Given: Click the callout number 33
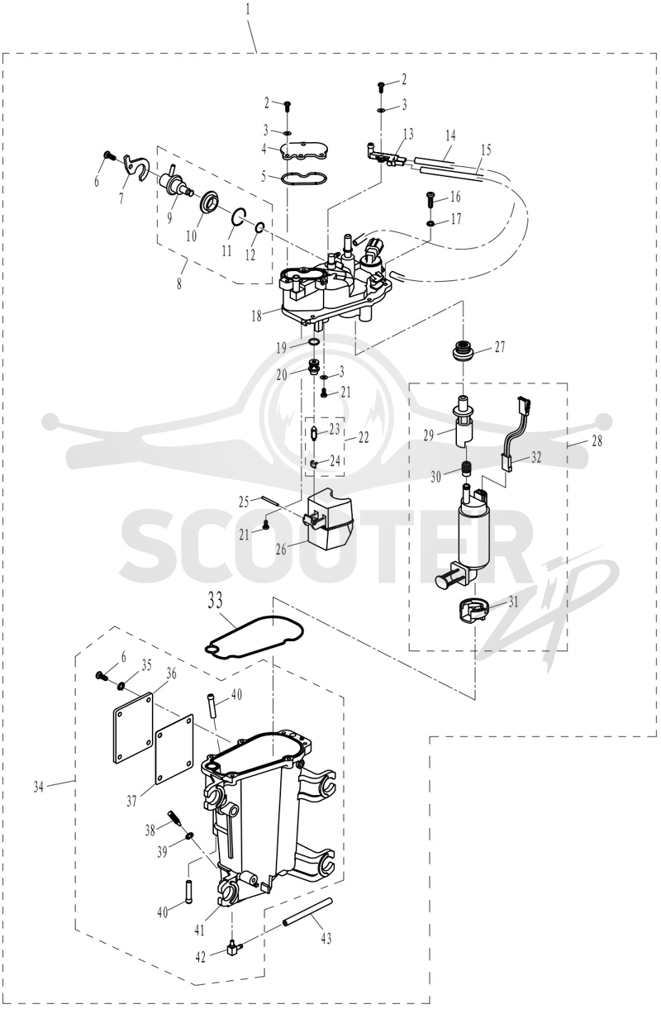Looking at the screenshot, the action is pos(215,601).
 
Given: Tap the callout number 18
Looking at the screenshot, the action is pos(256,316).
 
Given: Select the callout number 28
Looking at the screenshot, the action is pos(597,440).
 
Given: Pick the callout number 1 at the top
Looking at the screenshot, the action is pos(248,10).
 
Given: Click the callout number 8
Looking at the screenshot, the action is pos(179,283).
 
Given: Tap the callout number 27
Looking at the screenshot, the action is pos(499,347).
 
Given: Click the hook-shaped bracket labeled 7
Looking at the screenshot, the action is pos(136,168).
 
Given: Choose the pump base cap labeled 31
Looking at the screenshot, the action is pos(473,611).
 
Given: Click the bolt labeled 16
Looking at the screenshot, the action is pos(430,198).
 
